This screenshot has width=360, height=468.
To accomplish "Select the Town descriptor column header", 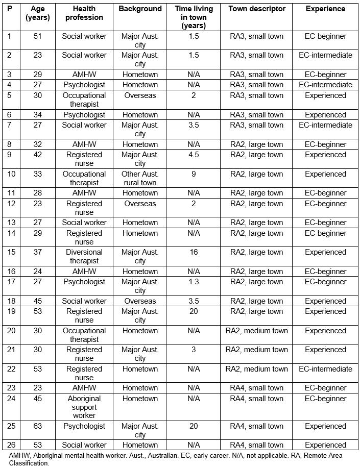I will pyautogui.click(x=256, y=9).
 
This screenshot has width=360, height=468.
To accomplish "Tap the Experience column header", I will pyautogui.click(x=325, y=9).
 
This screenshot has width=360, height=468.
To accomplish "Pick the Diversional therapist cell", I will pyautogui.click(x=84, y=256).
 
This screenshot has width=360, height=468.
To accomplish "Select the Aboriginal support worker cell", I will pyautogui.click(x=84, y=407).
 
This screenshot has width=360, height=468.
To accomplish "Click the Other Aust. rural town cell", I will pyautogui.click(x=140, y=178).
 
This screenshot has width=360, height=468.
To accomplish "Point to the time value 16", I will pyautogui.click(x=194, y=252).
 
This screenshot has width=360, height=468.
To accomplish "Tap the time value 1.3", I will pyautogui.click(x=194, y=282).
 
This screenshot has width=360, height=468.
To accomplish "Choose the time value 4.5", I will pyautogui.click(x=194, y=155).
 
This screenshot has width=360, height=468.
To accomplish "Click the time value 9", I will pyautogui.click(x=194, y=174).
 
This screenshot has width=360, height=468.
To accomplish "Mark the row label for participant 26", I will pyautogui.click(x=12, y=445).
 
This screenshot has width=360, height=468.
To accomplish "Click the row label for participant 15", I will pyautogui.click(x=12, y=252).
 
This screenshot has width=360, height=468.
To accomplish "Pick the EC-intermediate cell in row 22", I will pyautogui.click(x=325, y=369).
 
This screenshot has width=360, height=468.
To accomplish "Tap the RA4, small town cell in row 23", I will pyautogui.click(x=256, y=388).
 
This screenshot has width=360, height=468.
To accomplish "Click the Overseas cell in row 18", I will pyautogui.click(x=140, y=301).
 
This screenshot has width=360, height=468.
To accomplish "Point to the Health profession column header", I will pyautogui.click(x=84, y=13).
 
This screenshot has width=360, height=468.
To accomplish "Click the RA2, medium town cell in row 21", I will pyautogui.click(x=256, y=350).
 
